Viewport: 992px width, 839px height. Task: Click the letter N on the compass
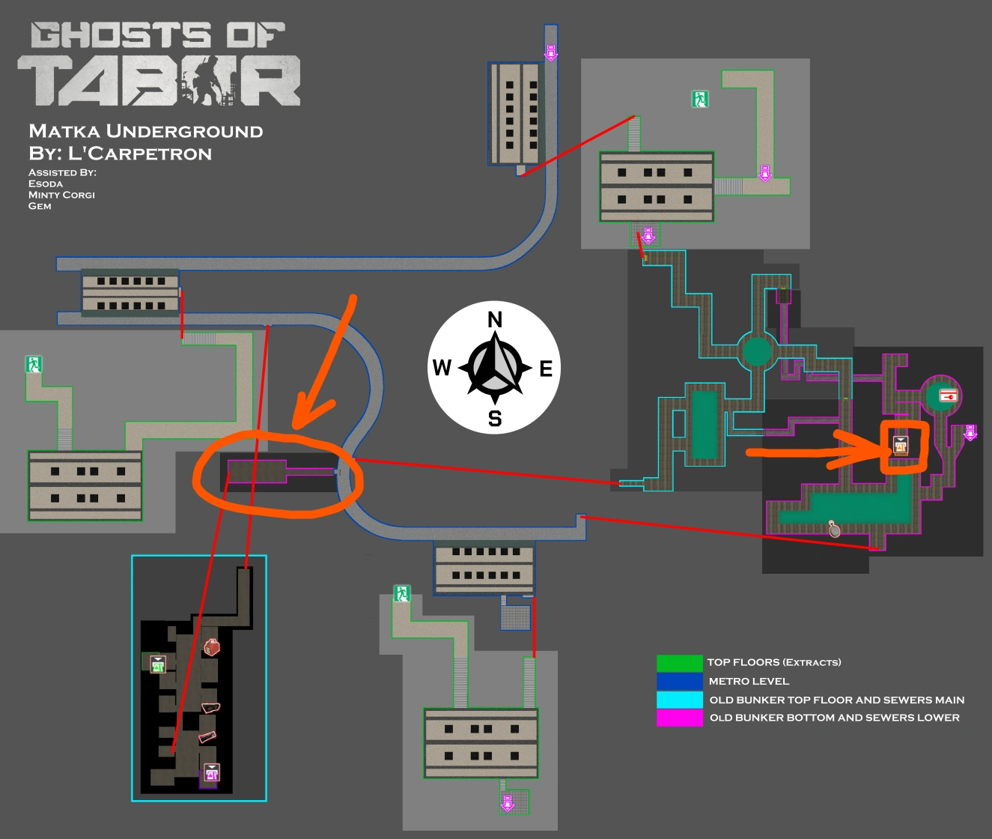pos(495,321)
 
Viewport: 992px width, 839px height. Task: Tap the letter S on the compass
pos(495,418)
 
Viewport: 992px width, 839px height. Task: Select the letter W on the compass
pos(442,368)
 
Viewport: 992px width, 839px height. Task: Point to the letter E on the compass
pos(546,369)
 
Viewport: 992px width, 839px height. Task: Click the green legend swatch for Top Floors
pos(679,663)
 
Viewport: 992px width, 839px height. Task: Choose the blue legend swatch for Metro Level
pos(679,681)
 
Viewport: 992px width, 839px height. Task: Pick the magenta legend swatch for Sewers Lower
pos(679,718)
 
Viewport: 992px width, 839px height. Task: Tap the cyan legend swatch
pos(679,700)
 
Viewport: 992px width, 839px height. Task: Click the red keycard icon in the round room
pos(948,395)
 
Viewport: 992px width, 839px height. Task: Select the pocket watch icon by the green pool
pos(834,529)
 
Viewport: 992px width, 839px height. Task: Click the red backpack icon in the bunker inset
pos(213,646)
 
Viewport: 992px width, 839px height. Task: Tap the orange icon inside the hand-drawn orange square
pos(901,446)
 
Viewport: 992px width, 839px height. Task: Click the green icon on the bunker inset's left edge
pos(157,664)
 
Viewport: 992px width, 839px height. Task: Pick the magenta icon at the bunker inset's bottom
pos(212,772)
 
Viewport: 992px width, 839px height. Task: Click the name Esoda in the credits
pos(46,184)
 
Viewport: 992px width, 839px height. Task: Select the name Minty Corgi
pos(61,195)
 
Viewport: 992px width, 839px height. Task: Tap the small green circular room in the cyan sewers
pos(757,351)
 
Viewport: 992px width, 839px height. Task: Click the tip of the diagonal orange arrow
pos(295,427)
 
